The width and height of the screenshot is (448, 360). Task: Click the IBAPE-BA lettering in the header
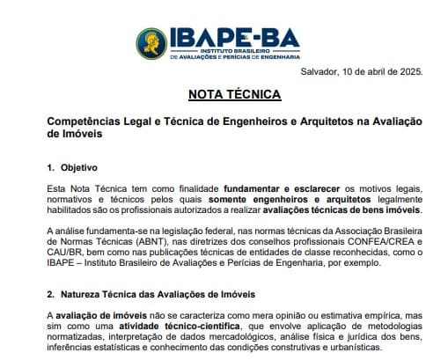[x=231, y=37]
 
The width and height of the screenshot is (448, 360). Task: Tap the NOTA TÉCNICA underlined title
[x=234, y=94]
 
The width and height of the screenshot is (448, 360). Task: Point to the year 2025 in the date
[x=409, y=71]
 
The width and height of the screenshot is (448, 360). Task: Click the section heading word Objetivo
[x=79, y=167]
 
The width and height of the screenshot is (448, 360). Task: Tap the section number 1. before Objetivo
[x=49, y=167]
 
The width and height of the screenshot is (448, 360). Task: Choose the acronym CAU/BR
[x=62, y=254]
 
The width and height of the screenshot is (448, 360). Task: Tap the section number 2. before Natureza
[x=49, y=293]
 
